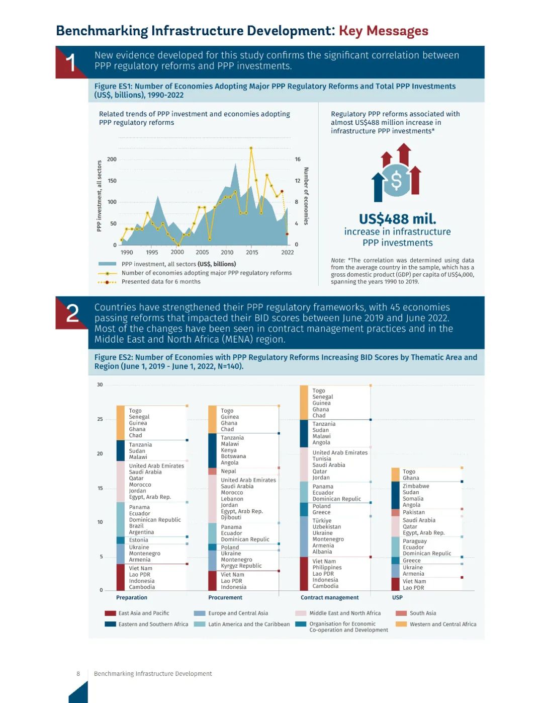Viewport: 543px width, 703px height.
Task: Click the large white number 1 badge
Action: (x=71, y=63)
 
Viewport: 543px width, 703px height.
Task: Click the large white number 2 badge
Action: (x=72, y=314)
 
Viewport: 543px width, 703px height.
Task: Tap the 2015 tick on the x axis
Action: (x=252, y=253)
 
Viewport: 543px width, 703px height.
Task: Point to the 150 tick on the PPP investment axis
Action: (x=112, y=181)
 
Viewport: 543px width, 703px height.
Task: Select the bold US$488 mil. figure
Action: (x=397, y=219)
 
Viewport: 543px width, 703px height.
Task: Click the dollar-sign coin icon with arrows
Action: (x=396, y=174)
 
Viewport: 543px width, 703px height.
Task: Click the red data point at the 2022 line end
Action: (x=287, y=234)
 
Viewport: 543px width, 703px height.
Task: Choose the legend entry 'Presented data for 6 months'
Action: (x=161, y=282)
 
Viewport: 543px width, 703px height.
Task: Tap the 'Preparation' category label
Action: (x=132, y=598)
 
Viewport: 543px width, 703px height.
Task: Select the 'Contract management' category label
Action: (x=330, y=598)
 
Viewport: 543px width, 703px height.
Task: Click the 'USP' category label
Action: (x=397, y=598)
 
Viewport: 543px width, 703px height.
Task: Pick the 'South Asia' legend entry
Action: (x=423, y=613)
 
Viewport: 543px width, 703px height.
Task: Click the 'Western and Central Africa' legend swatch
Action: (x=401, y=624)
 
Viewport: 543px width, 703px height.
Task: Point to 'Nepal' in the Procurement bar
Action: (x=228, y=472)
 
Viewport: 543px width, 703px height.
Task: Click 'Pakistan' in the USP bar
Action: (x=414, y=512)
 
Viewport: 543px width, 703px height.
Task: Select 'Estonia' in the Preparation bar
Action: (x=138, y=540)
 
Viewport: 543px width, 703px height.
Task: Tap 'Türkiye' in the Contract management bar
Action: (x=322, y=521)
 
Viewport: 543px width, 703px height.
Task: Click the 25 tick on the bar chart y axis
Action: (x=100, y=419)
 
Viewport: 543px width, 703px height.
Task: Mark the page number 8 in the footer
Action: (x=78, y=674)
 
